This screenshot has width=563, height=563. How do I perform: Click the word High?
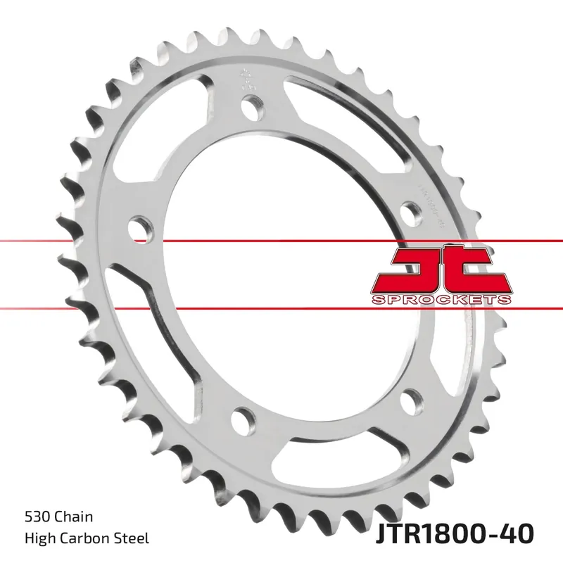click(x=41, y=539)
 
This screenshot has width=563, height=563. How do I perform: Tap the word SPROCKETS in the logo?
click(x=439, y=299)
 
